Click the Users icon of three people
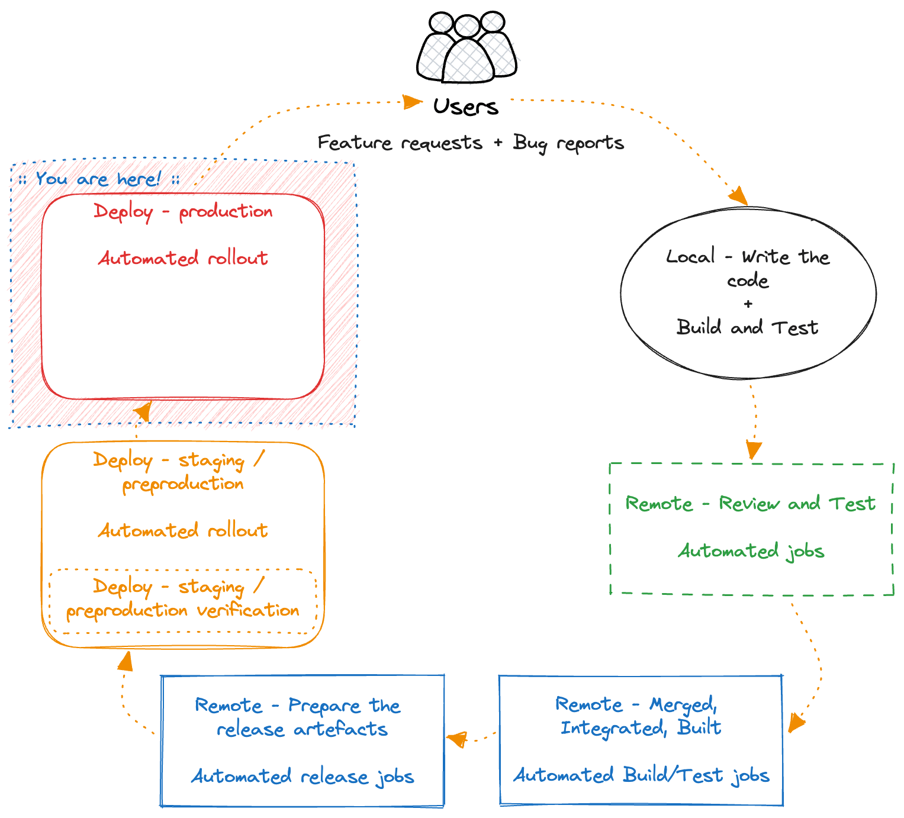[467, 47]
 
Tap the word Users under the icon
[466, 107]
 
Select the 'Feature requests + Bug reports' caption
[471, 143]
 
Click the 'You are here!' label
[98, 179]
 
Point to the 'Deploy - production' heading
[183, 211]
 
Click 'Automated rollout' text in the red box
[183, 258]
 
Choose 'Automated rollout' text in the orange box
[183, 530]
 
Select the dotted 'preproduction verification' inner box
[183, 600]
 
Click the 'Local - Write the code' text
[748, 268]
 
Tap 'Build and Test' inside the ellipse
[748, 327]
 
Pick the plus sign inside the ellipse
[748, 304]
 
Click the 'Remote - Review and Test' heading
[750, 504]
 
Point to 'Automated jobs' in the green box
[751, 551]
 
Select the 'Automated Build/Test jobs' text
[641, 775]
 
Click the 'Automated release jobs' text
[302, 776]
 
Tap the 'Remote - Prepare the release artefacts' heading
[298, 717]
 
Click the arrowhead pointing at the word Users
[412, 102]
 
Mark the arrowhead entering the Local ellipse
[739, 197]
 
